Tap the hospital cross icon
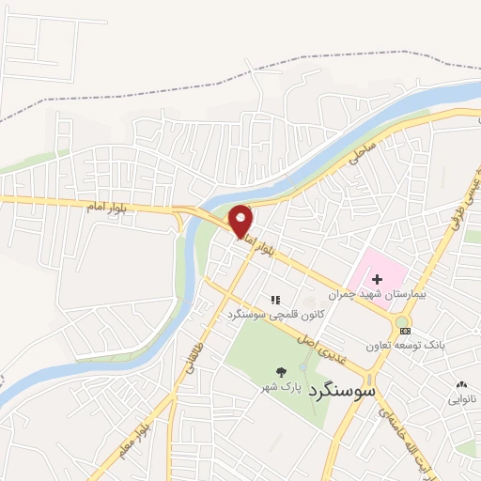click(378, 278)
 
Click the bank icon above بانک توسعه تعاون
click(405, 331)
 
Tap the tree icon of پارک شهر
click(280, 371)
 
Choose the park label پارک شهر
click(281, 386)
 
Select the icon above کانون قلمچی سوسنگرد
click(276, 300)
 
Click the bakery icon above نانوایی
click(461, 384)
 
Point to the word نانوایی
click(461, 399)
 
